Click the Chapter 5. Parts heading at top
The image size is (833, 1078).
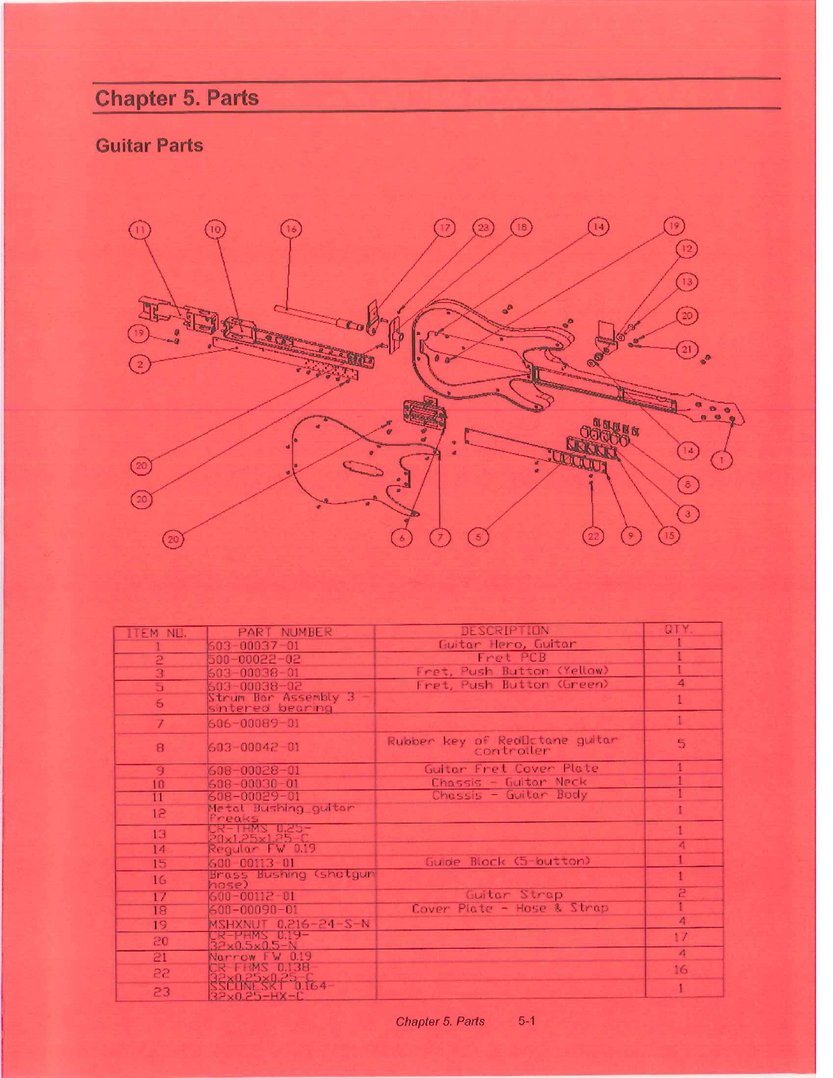(x=177, y=98)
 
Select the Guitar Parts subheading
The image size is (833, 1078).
(x=149, y=146)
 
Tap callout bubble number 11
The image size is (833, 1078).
(x=140, y=229)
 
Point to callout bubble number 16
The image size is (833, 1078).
(x=291, y=229)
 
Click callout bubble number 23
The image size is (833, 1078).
(x=483, y=227)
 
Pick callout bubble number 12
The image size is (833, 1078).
(x=687, y=250)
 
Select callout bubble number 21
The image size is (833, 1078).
(x=687, y=350)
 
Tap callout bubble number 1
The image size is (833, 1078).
(x=722, y=461)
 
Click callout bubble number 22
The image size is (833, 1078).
(x=593, y=536)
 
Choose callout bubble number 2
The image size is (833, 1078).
(x=140, y=364)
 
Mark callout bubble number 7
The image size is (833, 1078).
(x=440, y=538)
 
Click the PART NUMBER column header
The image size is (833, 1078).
(x=285, y=632)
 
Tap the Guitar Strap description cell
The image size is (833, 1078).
(x=514, y=894)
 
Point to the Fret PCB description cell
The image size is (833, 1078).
(x=511, y=657)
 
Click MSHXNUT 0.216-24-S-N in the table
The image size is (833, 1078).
(x=289, y=924)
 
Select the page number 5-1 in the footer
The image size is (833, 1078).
(x=527, y=1021)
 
